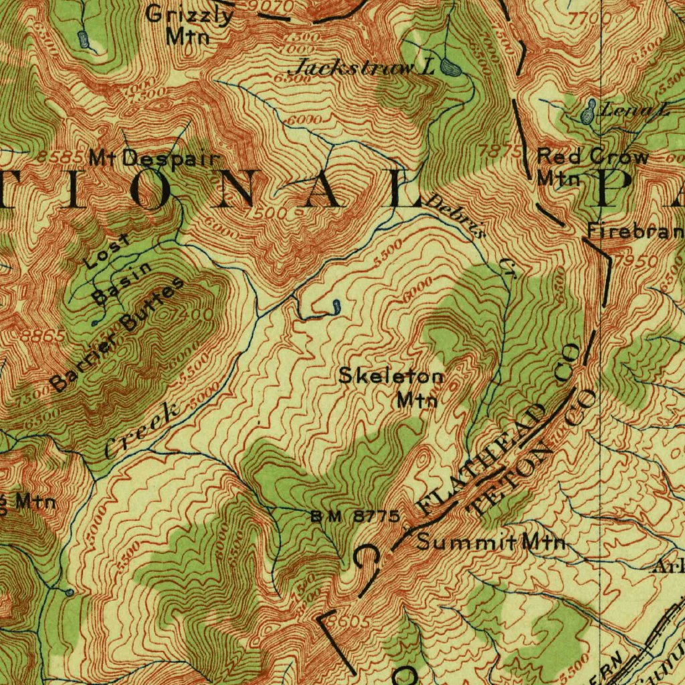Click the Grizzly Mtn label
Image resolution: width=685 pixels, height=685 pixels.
189,24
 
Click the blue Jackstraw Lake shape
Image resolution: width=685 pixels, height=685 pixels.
450,67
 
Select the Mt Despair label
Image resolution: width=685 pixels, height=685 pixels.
155,159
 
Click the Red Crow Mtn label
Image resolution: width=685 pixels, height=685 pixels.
592,167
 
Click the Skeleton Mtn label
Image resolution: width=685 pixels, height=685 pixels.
391,387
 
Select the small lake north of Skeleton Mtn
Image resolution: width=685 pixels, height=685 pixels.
335,307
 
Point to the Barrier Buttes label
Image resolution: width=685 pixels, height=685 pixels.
118,334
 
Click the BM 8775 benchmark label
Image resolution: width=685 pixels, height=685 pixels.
355,516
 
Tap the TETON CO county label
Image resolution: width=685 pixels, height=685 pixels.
528,455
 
